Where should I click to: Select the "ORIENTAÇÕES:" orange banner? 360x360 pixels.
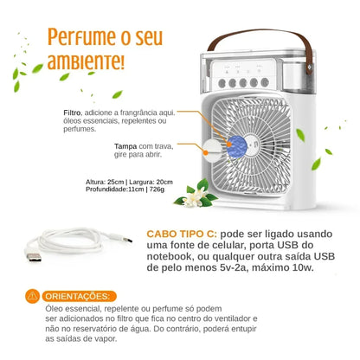coord(80,296)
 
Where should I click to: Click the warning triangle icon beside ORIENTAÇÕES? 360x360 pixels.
coord(33,296)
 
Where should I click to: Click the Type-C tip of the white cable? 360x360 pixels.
coord(130,239)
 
